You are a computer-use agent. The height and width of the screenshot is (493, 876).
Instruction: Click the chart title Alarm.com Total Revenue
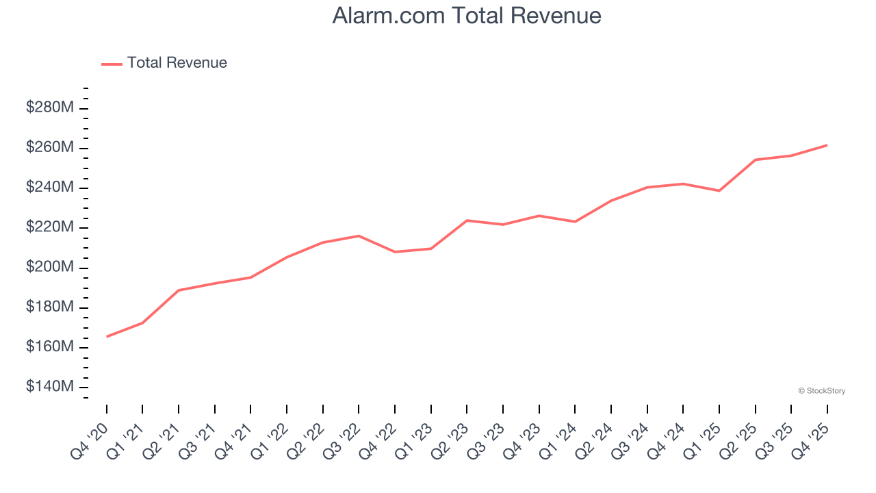(x=467, y=15)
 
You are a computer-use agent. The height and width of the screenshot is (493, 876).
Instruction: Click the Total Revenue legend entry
(x=177, y=63)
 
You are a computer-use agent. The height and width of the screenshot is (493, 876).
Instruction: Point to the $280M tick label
(x=50, y=108)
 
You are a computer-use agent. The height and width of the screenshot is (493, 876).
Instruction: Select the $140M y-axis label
(x=50, y=387)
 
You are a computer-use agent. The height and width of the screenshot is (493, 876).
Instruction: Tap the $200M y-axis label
(x=50, y=267)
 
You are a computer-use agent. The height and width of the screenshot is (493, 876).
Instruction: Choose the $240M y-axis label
(x=50, y=188)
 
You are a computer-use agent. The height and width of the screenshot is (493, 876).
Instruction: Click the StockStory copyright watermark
(x=821, y=391)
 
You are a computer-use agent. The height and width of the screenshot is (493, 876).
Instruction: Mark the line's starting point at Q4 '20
(x=107, y=336)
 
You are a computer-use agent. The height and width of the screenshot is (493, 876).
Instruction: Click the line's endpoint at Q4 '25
(x=827, y=145)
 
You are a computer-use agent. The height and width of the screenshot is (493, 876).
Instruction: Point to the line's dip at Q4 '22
(x=395, y=252)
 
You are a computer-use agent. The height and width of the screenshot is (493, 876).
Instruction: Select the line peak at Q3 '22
(x=359, y=236)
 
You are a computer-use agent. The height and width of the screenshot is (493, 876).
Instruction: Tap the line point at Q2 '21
(x=179, y=290)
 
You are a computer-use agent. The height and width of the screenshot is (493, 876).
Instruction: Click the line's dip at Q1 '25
(x=719, y=190)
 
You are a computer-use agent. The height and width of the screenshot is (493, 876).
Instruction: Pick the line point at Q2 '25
(x=755, y=160)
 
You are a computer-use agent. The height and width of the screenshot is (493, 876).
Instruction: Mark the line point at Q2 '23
(x=467, y=220)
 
